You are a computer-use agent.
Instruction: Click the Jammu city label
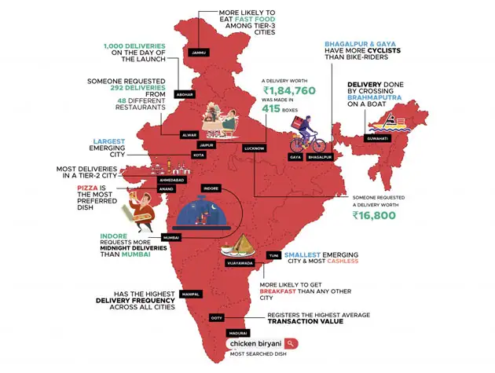coord(196,53)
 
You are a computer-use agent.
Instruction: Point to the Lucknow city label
coord(253,148)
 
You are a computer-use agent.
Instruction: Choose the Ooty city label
coord(216,317)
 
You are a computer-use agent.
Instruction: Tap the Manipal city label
coord(189,294)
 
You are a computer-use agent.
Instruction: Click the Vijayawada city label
coord(239,264)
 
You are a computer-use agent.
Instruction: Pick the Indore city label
coord(211,189)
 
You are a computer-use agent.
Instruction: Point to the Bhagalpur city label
coord(320,158)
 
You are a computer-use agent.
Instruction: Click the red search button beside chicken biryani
coord(291,343)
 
